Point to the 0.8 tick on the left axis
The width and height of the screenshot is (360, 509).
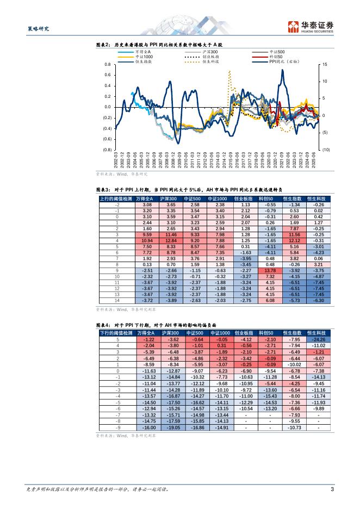pyautogui.click(x=108, y=64)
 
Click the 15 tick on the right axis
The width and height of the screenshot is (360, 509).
pyautogui.click(x=325, y=64)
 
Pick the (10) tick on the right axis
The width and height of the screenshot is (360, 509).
pyautogui.click(x=325, y=150)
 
